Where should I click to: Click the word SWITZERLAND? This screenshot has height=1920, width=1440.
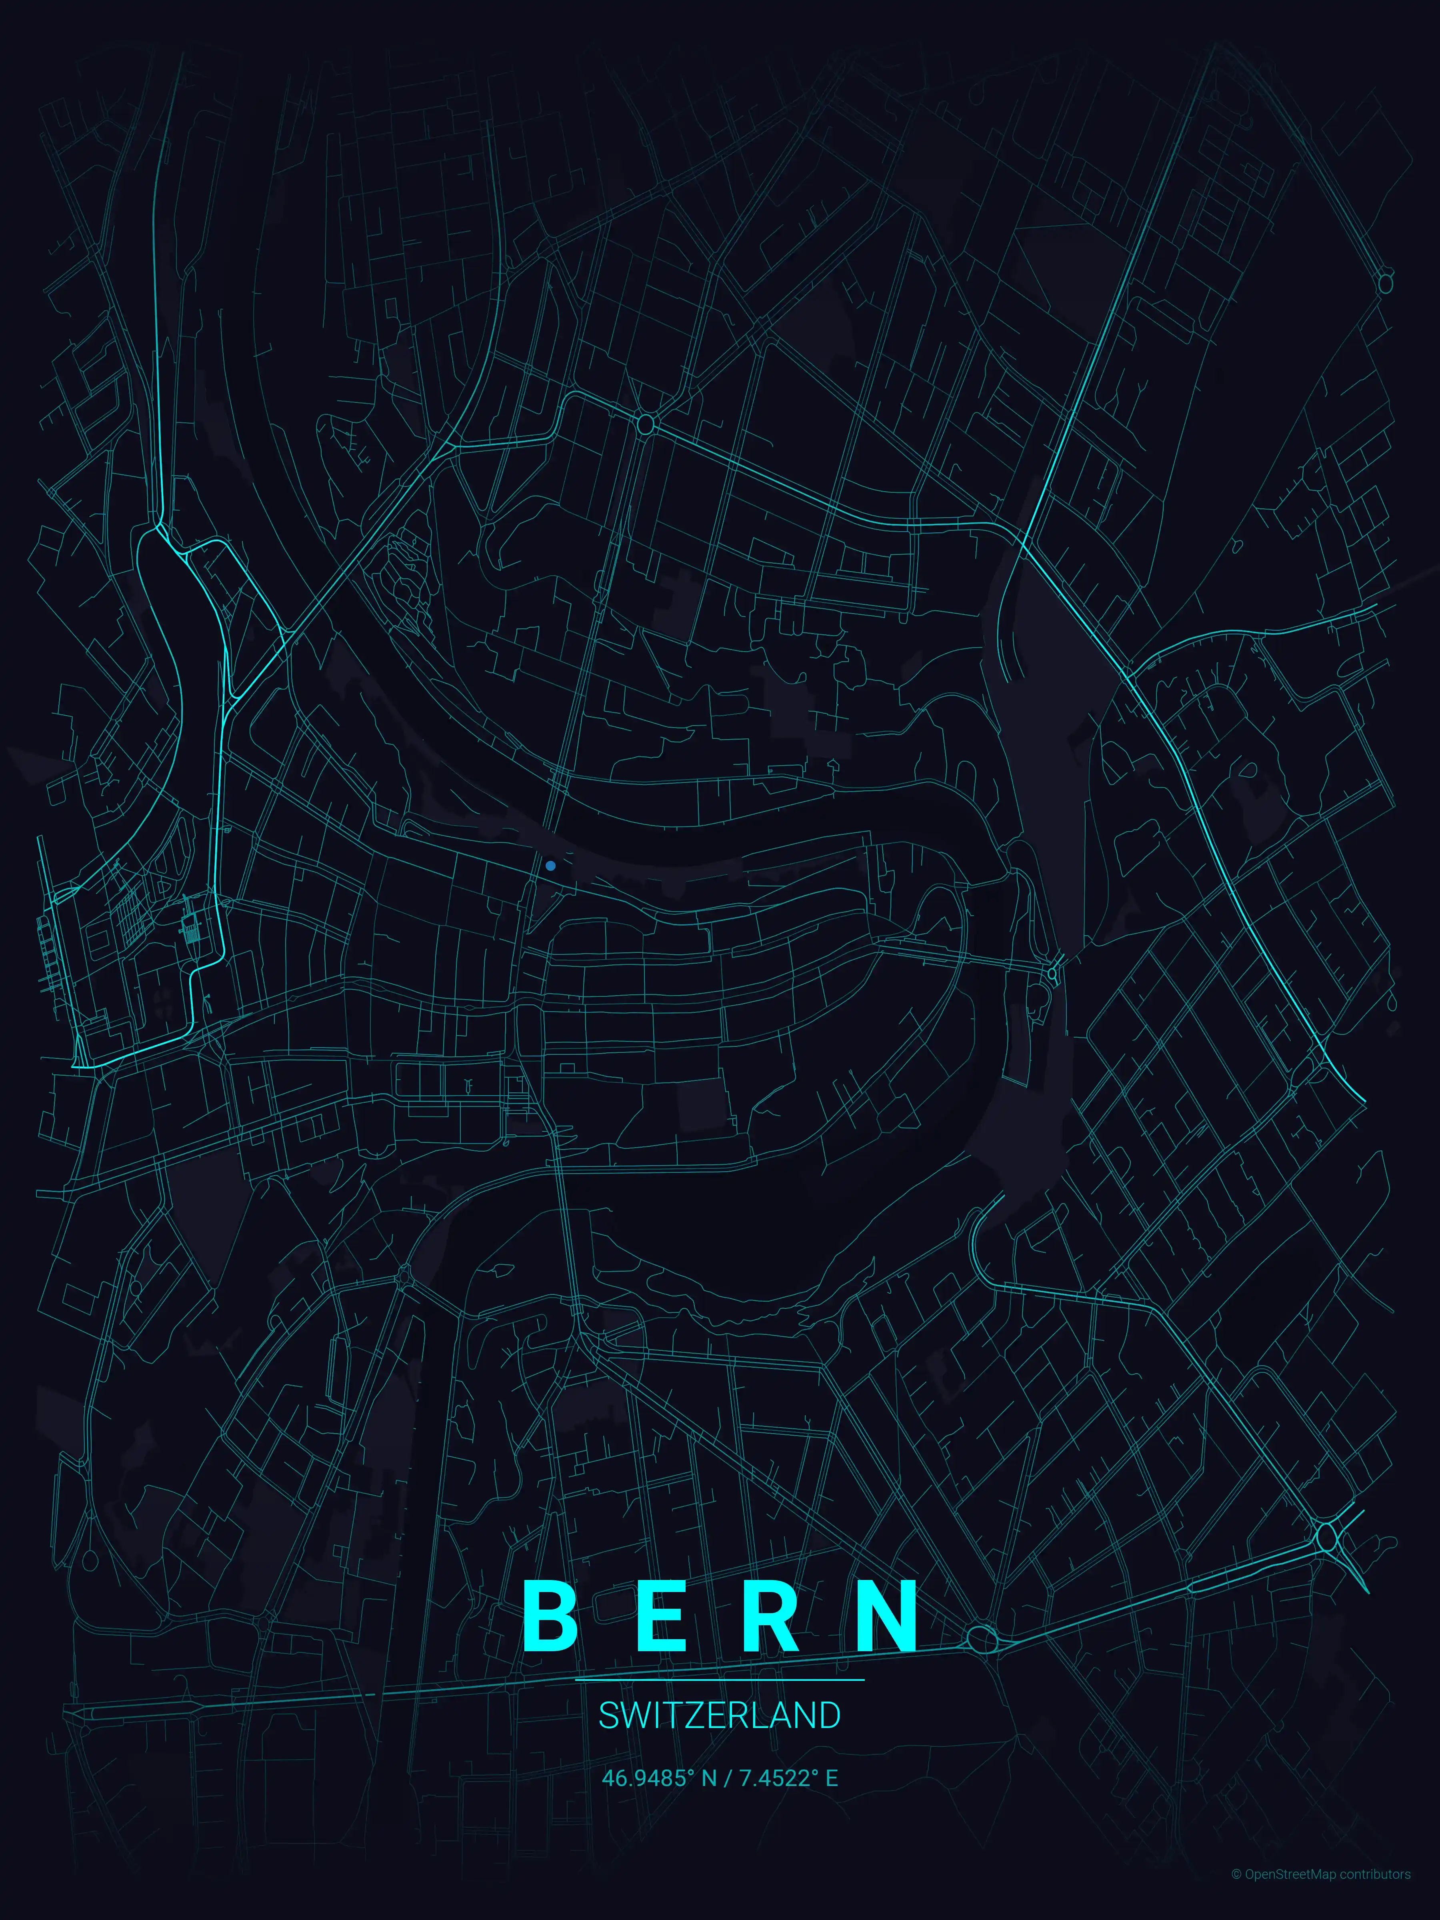pyautogui.click(x=720, y=1716)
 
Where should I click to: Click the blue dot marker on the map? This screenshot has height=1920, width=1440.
pyautogui.click(x=550, y=865)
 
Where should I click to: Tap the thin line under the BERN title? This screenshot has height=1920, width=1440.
pyautogui.click(x=720, y=1680)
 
